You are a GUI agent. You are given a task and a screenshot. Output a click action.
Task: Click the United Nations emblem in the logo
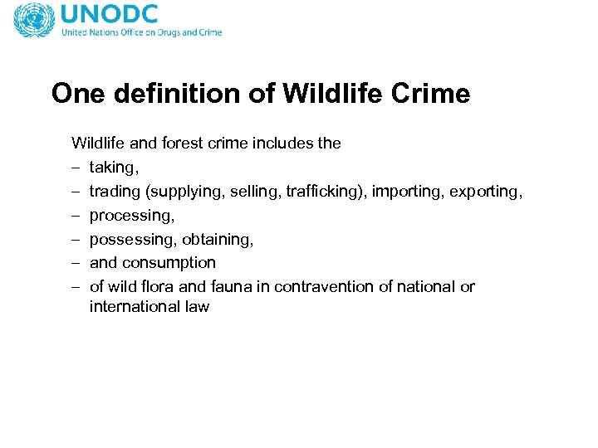pyautogui.click(x=34, y=20)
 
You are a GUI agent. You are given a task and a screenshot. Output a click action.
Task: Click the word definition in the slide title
pyautogui.click(x=185, y=93)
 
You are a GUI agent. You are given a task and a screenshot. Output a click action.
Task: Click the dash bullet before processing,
pyautogui.click(x=76, y=216)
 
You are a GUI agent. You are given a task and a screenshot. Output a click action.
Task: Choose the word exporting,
pyautogui.click(x=487, y=192)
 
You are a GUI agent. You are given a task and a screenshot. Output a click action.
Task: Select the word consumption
pyautogui.click(x=169, y=263)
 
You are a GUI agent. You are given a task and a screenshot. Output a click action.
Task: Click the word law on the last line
pyautogui.click(x=199, y=308)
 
